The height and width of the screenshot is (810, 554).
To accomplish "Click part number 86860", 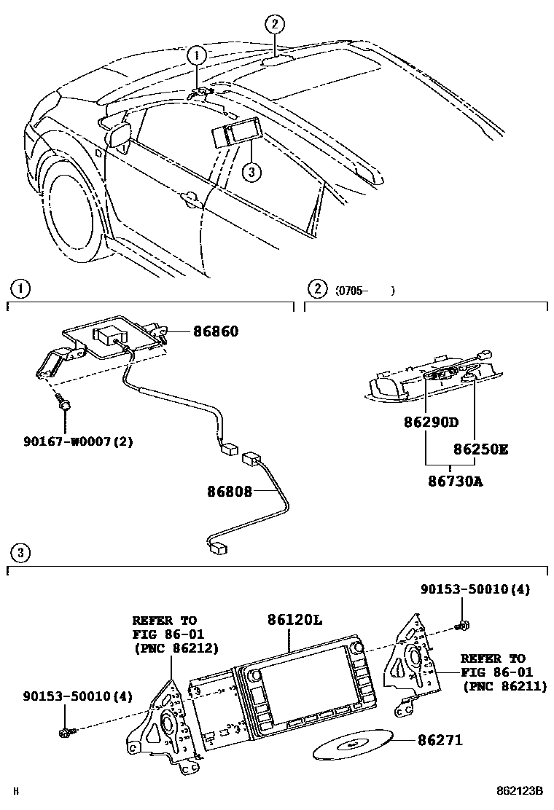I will click(216, 331).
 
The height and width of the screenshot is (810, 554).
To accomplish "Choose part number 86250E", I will click(481, 449).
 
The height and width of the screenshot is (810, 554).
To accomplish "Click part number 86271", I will click(440, 740).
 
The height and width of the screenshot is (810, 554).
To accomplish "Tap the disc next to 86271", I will click(352, 744).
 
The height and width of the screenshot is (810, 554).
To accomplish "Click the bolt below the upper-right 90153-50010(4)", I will click(462, 624).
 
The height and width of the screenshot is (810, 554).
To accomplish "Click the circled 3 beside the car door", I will click(250, 173).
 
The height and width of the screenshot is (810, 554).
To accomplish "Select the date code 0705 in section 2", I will click(351, 291).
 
